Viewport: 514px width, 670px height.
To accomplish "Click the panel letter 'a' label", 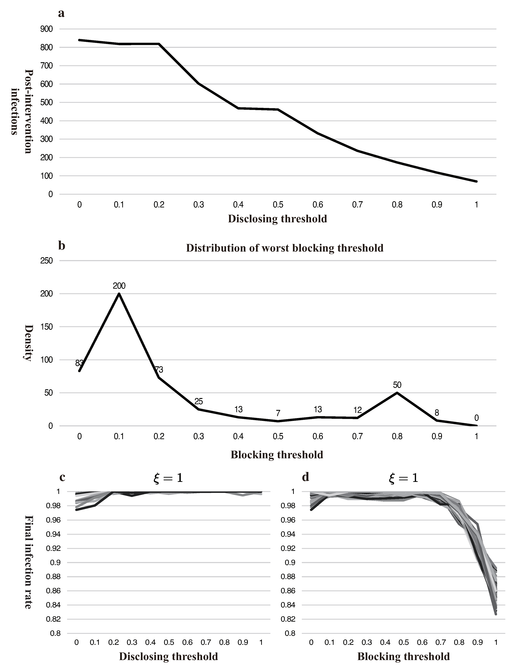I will point(61,13).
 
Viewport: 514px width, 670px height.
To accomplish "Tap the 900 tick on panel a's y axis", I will point(46,29).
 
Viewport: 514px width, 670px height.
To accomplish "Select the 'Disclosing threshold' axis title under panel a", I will point(277,219).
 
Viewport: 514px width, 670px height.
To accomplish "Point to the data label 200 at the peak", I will point(119,286).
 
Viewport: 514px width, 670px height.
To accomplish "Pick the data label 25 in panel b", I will point(199,401).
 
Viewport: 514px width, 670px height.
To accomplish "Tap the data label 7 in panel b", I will point(278,413).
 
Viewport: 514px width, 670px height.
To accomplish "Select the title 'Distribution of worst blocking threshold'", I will point(285,248).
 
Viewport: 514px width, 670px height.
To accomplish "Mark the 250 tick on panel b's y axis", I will point(46,261).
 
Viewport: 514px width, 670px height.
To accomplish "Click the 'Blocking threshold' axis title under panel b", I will point(277,455).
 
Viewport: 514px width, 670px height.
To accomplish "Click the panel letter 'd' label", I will point(305,477).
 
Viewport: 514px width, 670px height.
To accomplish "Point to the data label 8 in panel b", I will point(437,413).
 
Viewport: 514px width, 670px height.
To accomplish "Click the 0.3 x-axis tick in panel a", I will point(199,204).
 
